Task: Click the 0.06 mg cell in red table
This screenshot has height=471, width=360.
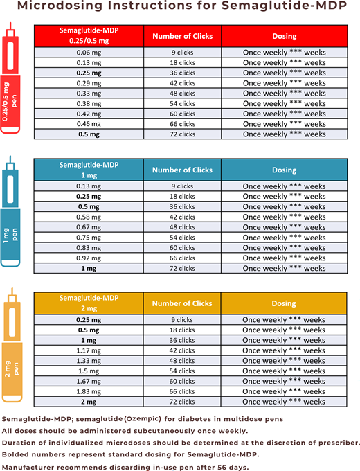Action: (88, 53)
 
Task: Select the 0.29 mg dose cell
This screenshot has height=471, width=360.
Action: (88, 83)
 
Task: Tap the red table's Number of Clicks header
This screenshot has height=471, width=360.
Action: (182, 36)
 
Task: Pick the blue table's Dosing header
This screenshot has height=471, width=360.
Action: (285, 170)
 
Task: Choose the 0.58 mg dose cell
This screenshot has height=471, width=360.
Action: (88, 217)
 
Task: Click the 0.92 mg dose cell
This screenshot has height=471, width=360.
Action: (88, 258)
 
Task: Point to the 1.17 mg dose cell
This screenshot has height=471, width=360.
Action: (88, 350)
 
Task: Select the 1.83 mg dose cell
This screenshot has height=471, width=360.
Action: (88, 391)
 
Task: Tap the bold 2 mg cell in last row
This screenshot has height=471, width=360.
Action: (88, 402)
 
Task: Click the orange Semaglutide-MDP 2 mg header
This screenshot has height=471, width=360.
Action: (88, 303)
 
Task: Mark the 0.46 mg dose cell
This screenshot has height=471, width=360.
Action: (88, 124)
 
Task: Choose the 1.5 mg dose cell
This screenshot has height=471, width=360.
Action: (88, 371)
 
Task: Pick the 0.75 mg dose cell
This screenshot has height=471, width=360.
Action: (88, 238)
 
